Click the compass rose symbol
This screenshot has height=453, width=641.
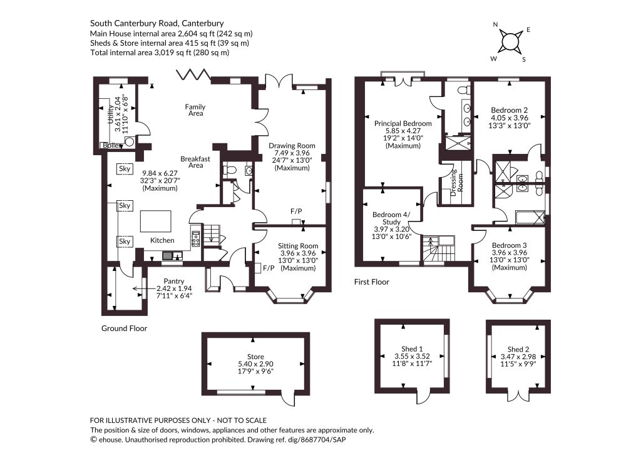coord(510,42)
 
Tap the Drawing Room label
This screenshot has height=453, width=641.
coord(292,145)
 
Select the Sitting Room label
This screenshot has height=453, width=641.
coord(298,246)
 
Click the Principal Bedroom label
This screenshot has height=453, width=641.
coord(403,123)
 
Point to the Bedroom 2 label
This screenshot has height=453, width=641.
coord(510,110)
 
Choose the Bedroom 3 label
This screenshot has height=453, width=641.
coord(510,245)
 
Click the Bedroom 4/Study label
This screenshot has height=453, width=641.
coord(391,218)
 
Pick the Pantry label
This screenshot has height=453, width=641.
coord(174,282)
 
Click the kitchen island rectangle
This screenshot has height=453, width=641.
coord(156,221)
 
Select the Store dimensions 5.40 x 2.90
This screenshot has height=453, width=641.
coord(255,364)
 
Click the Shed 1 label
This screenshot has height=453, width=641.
coord(412,349)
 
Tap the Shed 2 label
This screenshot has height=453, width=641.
coord(518,349)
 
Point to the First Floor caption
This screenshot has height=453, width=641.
coord(372,282)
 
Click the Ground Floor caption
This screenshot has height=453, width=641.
coord(125,328)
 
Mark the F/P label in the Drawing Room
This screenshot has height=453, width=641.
coord(296,211)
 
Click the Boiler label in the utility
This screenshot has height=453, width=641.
coord(111,145)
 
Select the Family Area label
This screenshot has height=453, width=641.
coord(195,110)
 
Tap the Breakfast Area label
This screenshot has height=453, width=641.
coord(195,162)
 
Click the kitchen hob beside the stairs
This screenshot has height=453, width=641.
coord(196,238)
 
